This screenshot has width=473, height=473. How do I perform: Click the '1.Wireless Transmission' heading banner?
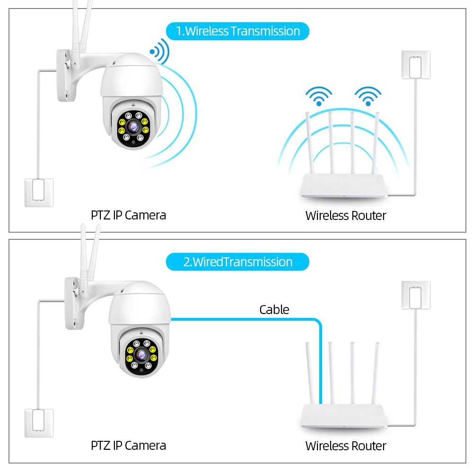click(x=237, y=31)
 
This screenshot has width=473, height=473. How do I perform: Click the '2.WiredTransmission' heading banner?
click(x=237, y=262)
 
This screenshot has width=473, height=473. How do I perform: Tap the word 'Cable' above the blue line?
click(x=274, y=310)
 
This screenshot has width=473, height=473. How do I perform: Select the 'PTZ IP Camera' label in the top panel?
click(x=128, y=215)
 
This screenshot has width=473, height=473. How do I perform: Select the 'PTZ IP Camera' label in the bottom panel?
click(x=128, y=445)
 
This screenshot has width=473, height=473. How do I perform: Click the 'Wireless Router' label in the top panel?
click(x=345, y=216)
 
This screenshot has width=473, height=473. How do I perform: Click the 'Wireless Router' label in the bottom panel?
click(x=345, y=446)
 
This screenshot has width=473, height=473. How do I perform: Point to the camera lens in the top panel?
click(x=132, y=125)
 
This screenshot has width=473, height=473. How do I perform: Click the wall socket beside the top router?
click(x=416, y=65)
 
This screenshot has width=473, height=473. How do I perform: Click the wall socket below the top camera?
click(x=39, y=192)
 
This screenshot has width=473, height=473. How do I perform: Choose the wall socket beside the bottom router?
click(x=416, y=296)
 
